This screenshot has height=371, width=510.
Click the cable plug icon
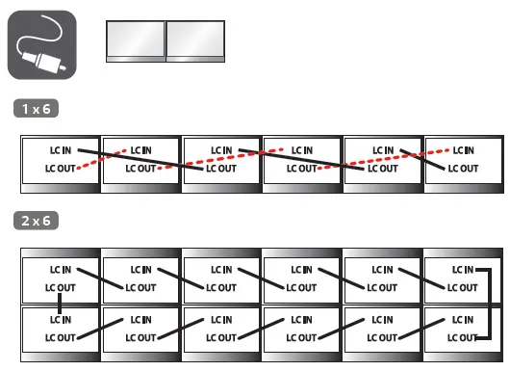tap(41, 44)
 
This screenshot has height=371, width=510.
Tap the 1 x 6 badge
tap(36, 108)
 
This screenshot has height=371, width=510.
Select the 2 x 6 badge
tap(36, 221)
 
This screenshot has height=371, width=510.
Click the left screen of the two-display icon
tap(134, 40)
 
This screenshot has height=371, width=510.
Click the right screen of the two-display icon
tap(195, 40)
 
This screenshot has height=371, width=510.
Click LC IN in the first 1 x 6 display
tap(61, 150)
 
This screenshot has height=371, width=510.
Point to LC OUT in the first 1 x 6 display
tap(61, 169)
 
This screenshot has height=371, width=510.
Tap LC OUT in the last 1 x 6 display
tap(463, 169)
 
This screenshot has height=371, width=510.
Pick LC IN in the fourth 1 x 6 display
tap(302, 150)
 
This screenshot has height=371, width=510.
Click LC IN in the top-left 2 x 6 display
tap(61, 270)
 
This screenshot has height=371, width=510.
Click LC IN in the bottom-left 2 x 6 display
tap(61, 319)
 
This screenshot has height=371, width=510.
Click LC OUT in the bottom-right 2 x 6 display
tap(462, 337)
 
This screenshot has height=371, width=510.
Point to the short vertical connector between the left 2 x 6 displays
tap(59, 304)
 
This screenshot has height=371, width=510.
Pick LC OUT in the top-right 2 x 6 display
tap(462, 287)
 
